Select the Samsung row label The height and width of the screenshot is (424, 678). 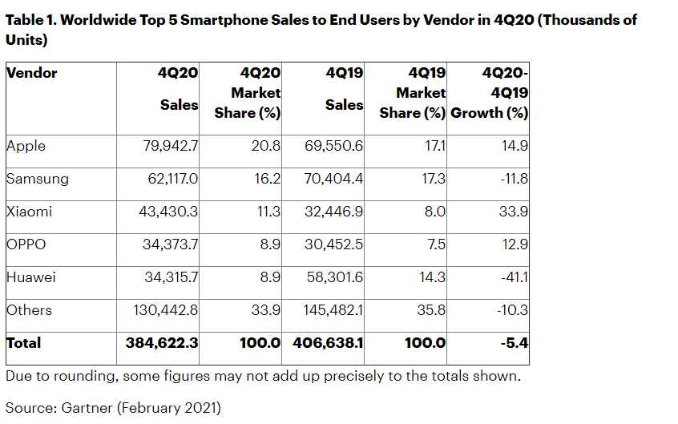click(37, 179)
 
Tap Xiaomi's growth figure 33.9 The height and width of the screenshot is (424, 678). click(512, 212)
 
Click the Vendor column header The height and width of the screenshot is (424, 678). click(31, 73)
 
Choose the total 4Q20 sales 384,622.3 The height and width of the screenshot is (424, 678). click(162, 343)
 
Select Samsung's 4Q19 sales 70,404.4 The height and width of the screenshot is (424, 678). click(330, 179)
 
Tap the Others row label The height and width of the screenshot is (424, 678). click(29, 310)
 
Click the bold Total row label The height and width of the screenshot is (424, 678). click(23, 343)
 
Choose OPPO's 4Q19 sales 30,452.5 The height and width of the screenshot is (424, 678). click(330, 244)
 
